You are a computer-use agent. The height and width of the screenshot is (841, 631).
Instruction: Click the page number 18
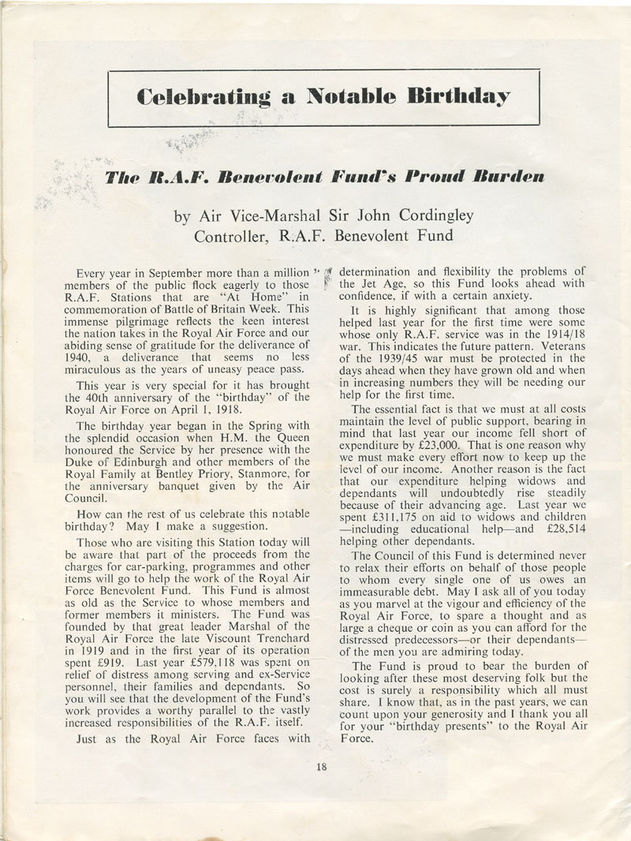(322, 765)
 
